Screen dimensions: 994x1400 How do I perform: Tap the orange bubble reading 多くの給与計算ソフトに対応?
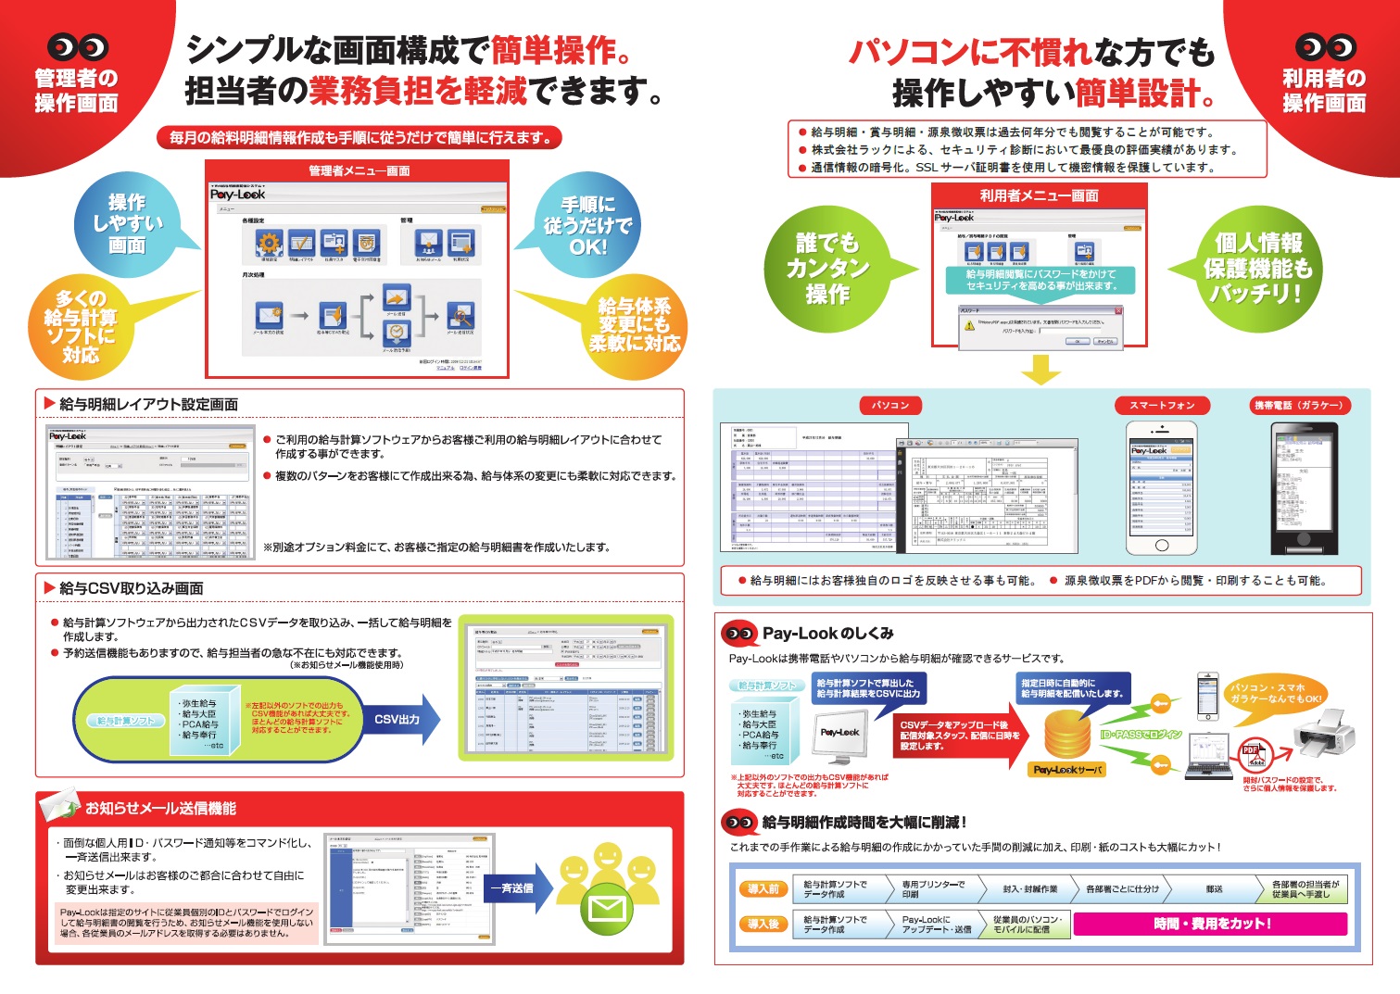82,325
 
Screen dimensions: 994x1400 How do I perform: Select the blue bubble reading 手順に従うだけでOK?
587,225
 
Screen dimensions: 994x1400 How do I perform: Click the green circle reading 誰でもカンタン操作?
826,269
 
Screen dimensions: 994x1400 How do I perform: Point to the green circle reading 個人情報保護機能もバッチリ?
1258,269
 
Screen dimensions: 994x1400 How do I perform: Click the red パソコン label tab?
891,405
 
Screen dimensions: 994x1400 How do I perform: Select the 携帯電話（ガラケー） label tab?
1298,405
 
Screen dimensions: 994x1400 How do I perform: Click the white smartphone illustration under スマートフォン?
1161,488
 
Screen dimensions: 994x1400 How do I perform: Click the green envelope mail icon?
607,908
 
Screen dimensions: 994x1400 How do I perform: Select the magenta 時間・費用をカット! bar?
1211,924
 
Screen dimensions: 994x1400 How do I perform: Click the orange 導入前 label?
763,889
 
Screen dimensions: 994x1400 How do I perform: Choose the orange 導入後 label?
763,924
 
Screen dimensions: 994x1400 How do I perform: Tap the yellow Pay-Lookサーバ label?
1067,770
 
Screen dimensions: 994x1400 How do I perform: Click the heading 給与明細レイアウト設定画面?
148,404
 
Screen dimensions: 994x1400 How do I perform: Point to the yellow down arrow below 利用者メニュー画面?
1040,371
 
